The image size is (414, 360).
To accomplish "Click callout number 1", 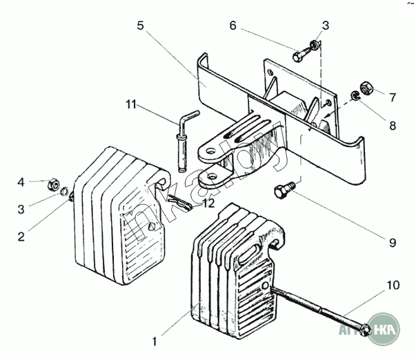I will point(155,340).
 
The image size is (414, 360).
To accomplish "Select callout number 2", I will point(21,236).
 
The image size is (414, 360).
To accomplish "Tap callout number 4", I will point(21,182).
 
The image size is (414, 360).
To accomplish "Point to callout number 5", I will point(140,26).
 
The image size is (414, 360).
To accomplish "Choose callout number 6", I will point(233,26).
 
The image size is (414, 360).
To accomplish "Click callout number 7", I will point(393,97).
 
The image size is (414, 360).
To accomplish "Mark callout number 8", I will point(393,126).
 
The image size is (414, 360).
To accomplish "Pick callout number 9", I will point(393,243).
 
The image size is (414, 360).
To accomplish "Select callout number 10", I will point(393,284).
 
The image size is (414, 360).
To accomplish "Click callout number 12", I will point(208,203).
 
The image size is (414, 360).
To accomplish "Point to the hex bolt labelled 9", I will point(284,189).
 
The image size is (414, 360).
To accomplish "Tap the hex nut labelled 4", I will point(51,184).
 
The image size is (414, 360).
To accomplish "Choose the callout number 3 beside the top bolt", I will point(325,26).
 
